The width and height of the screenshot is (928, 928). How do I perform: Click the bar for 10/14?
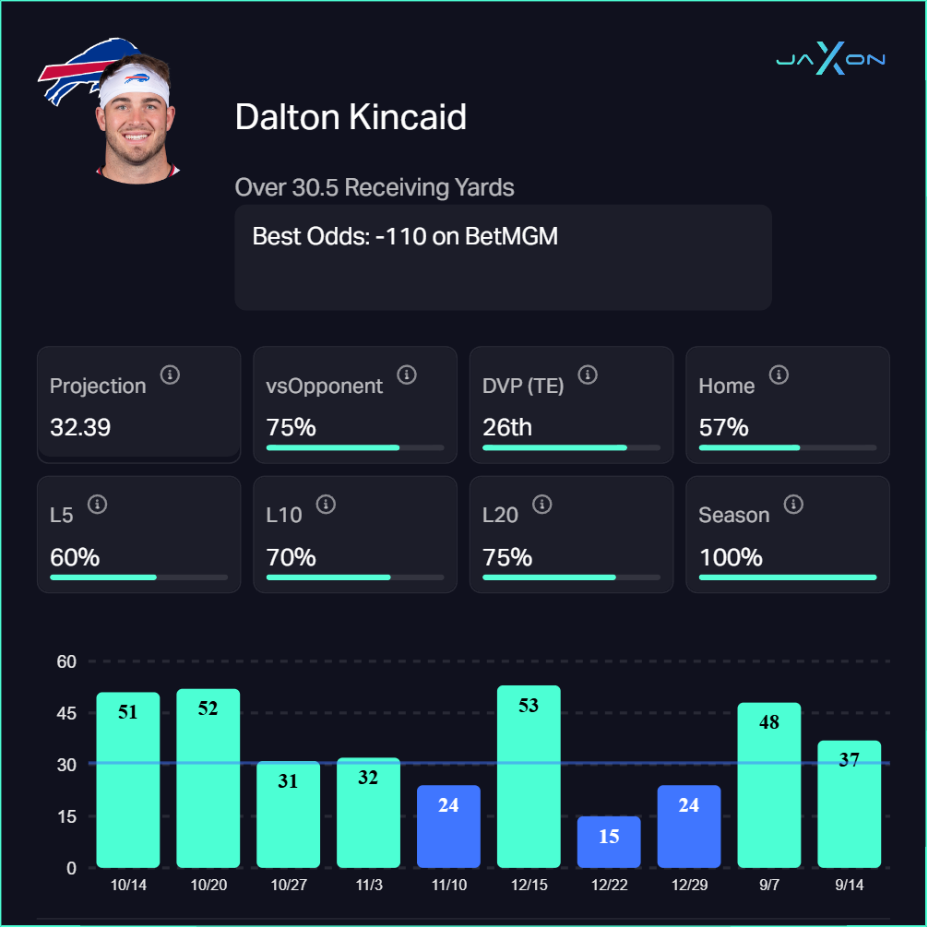[128, 779]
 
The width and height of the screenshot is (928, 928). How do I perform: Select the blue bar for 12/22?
[609, 841]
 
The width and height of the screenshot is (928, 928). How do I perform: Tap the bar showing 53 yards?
[529, 776]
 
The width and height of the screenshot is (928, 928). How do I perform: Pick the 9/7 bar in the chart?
[769, 785]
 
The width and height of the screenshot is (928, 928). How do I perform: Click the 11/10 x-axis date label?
[448, 885]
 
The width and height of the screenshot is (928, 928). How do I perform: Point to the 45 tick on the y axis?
[66, 713]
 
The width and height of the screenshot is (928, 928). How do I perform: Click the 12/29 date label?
[689, 885]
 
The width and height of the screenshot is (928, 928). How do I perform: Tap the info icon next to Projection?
[170, 375]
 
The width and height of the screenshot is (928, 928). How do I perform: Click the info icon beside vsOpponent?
[407, 375]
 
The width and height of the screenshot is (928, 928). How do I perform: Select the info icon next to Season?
[793, 504]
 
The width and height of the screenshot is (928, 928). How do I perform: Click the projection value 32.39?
[80, 427]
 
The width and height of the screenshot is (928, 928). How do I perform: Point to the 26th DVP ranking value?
[507, 427]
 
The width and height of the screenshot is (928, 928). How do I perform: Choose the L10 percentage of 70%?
[291, 557]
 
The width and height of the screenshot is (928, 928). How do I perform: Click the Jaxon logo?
[830, 60]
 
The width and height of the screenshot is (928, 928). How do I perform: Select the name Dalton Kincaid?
[351, 117]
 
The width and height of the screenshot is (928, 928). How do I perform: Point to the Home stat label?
[727, 386]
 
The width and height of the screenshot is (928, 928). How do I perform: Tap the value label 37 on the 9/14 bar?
[850, 759]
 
